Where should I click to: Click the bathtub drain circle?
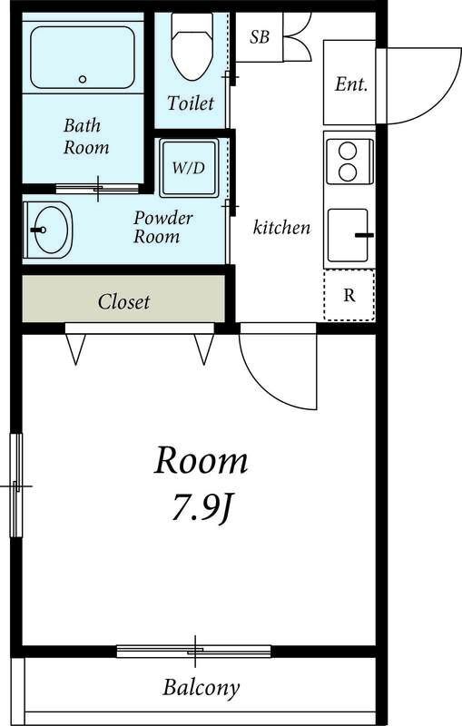(x=83, y=79)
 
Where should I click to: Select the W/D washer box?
(x=189, y=168)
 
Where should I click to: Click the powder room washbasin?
(x=48, y=230)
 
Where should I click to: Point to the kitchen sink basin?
(x=348, y=235)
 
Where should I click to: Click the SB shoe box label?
(x=260, y=37)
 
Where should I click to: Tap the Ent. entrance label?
(x=351, y=84)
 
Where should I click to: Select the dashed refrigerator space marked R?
(x=349, y=295)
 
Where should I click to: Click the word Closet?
(x=123, y=302)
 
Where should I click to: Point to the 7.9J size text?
(x=202, y=509)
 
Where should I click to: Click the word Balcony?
(x=202, y=688)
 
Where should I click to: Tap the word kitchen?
(x=281, y=227)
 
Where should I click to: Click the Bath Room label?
(x=86, y=136)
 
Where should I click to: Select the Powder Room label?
(x=163, y=227)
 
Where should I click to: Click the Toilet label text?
(x=191, y=103)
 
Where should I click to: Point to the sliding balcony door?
(x=194, y=651)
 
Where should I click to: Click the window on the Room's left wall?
(x=16, y=486)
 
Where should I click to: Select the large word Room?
(x=201, y=461)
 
